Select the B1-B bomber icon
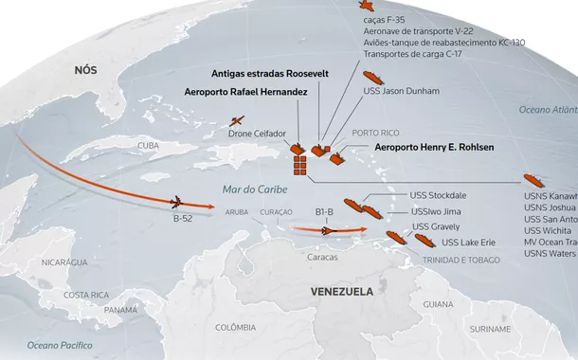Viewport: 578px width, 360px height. pos(326,227)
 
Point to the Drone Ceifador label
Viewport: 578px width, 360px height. pos(257,135)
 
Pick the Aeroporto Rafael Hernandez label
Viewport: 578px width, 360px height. pos(247,92)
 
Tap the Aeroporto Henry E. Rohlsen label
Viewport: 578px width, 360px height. pos(435,148)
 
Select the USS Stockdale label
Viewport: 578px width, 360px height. pos(439,195)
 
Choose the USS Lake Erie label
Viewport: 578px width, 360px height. pos(469,243)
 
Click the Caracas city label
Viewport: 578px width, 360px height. pos(324,257)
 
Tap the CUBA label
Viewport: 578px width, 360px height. pos(148,146)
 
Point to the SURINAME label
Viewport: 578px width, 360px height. pos(489,329)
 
